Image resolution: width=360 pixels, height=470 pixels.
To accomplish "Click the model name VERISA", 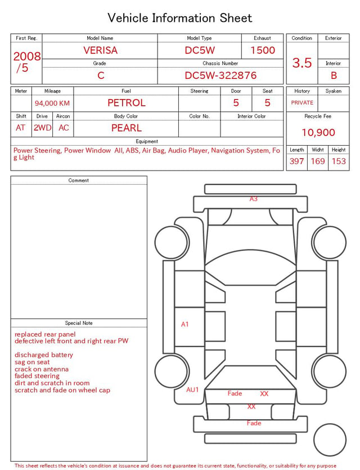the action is point(100,50).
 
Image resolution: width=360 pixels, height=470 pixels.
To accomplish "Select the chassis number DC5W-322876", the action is point(220,75).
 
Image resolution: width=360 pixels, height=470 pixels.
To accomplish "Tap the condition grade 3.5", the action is point(302,63).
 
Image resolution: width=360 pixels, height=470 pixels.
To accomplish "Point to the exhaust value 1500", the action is point(263,50).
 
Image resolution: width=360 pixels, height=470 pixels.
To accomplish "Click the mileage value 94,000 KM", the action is point(52,104).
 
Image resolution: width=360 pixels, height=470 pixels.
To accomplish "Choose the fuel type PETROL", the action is point(127,103).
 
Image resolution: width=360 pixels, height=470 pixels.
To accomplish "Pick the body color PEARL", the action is point(127,128).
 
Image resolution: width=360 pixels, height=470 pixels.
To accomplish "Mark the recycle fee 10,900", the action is point(318,132).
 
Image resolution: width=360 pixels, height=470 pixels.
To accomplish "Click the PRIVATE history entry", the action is point(302,102).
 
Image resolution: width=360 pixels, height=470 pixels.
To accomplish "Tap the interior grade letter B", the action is point(334,75).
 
